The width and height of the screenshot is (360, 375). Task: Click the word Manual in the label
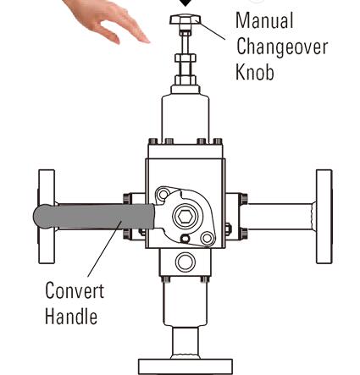[264, 20]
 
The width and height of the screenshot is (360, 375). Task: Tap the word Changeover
[282, 47]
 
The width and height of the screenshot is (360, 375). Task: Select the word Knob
[255, 72]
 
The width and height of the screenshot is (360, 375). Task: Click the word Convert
[75, 290]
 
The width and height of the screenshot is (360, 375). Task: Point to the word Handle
[71, 316]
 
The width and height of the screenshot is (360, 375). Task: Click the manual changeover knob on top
[186, 19]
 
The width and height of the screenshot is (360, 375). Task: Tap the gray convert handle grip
[94, 217]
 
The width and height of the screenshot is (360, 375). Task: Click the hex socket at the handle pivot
[187, 217]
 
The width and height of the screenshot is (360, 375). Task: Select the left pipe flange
[47, 217]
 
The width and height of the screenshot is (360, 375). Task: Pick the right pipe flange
[324, 217]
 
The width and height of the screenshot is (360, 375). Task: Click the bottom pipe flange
[186, 367]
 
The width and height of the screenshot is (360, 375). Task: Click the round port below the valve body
[186, 262]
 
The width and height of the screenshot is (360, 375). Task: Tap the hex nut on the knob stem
[186, 58]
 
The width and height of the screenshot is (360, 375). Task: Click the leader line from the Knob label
[211, 30]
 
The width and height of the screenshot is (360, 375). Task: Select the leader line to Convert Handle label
[105, 249]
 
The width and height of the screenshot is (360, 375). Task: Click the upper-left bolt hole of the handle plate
[163, 195]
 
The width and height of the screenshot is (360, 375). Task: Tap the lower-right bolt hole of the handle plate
[207, 238]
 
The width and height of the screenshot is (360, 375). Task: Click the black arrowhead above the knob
[186, 3]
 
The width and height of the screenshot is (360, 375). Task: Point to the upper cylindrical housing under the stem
[186, 119]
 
